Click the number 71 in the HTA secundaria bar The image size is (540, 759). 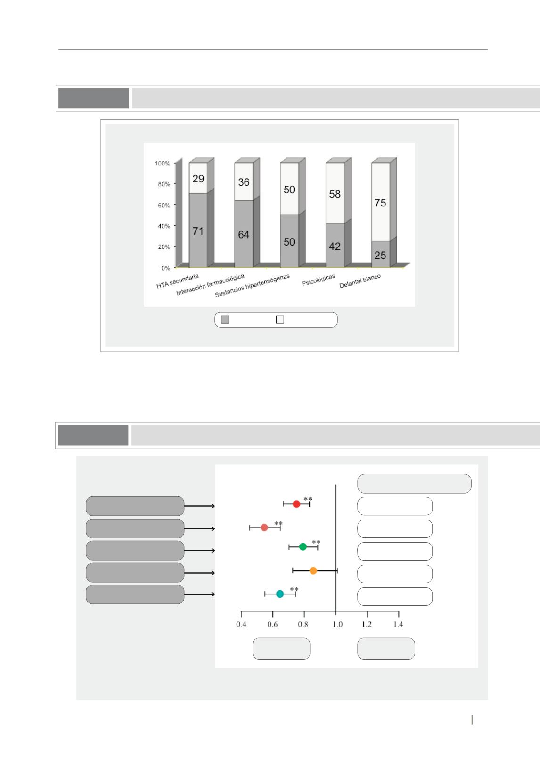click(x=198, y=231)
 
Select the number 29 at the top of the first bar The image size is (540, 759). click(x=198, y=179)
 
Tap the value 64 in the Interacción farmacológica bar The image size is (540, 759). click(x=244, y=234)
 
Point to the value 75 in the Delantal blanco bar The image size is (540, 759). click(x=380, y=203)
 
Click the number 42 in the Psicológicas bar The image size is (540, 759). click(x=335, y=247)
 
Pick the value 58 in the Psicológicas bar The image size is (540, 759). click(x=335, y=194)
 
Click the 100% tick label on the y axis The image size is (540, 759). click(x=162, y=163)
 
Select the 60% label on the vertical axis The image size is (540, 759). click(x=164, y=206)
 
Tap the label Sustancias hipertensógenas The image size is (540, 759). click(x=253, y=285)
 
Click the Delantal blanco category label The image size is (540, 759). click(x=360, y=281)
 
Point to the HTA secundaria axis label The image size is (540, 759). click(x=178, y=281)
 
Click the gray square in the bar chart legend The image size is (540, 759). click(x=225, y=320)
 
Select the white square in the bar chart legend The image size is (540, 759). click(x=280, y=320)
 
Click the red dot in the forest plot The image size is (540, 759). click(x=296, y=504)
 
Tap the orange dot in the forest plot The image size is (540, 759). click(x=313, y=570)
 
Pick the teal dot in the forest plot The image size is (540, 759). click(x=280, y=594)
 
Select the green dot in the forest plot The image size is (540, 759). click(x=303, y=546)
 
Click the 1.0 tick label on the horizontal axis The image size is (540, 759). click(x=337, y=624)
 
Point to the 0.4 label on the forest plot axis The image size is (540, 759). click(x=241, y=624)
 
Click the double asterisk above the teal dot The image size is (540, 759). click(x=294, y=589)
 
